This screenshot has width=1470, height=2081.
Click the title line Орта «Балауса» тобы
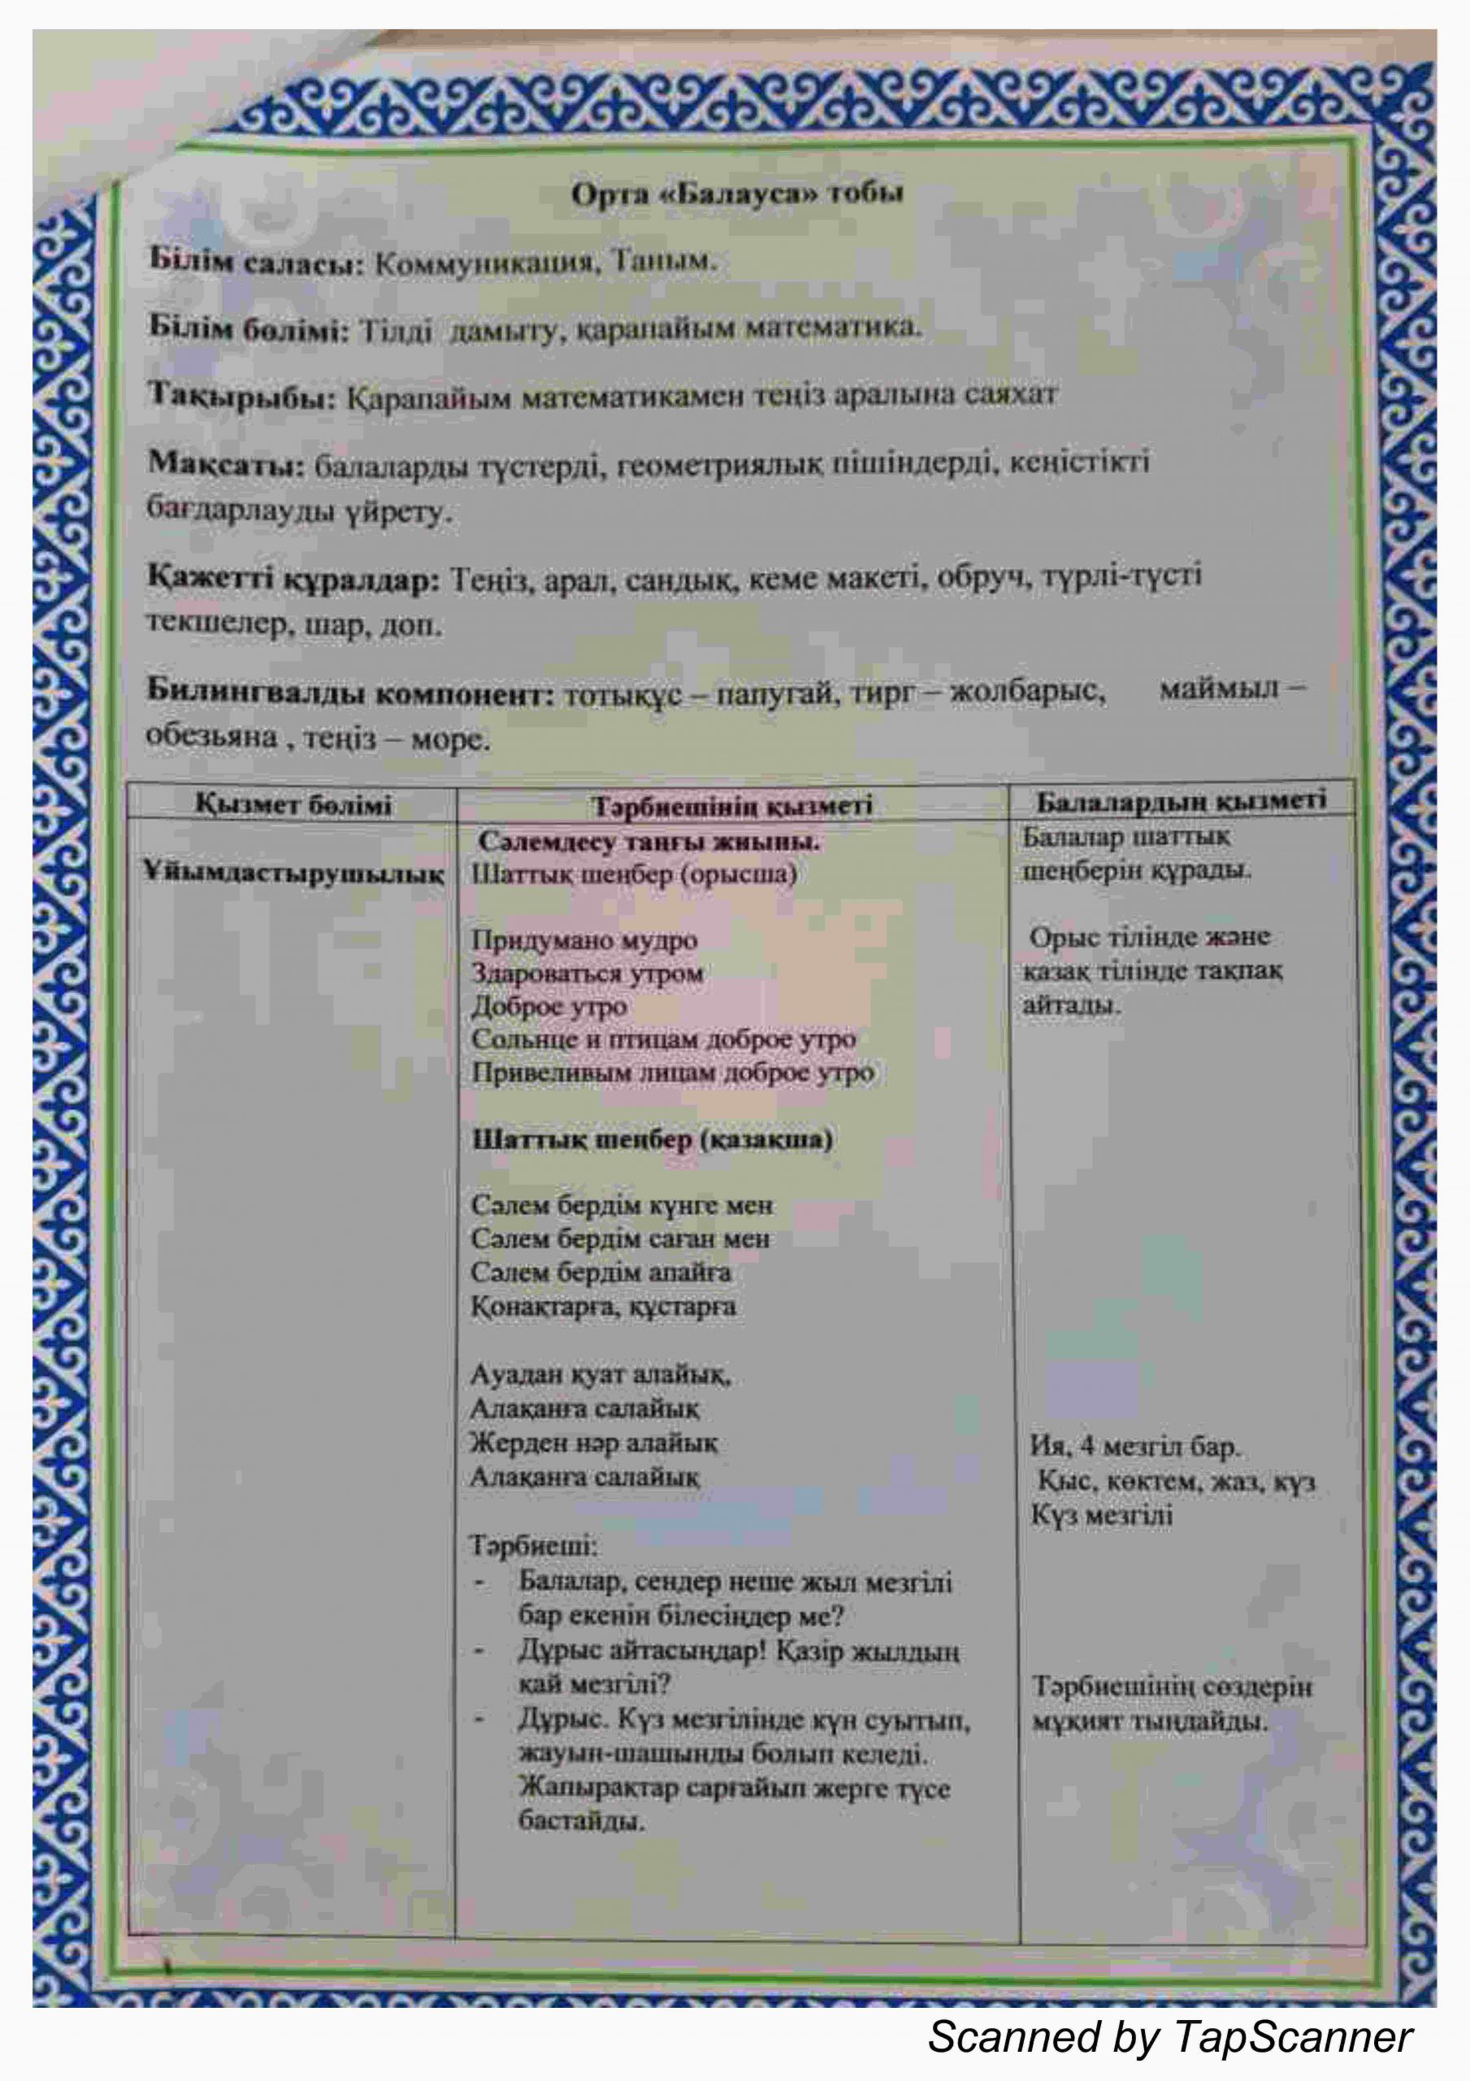736,194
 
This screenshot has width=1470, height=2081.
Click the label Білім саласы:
256,263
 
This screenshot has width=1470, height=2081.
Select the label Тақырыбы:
241,396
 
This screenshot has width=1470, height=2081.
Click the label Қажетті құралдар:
292,579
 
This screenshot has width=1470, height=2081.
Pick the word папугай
770,695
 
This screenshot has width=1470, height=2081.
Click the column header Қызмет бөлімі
293,805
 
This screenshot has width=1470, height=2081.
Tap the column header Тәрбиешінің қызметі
731,806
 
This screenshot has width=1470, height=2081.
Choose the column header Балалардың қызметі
1180,802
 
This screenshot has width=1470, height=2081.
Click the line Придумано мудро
584,940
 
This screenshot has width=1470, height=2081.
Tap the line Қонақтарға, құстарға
603,1308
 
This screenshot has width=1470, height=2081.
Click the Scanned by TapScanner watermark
1169,2036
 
